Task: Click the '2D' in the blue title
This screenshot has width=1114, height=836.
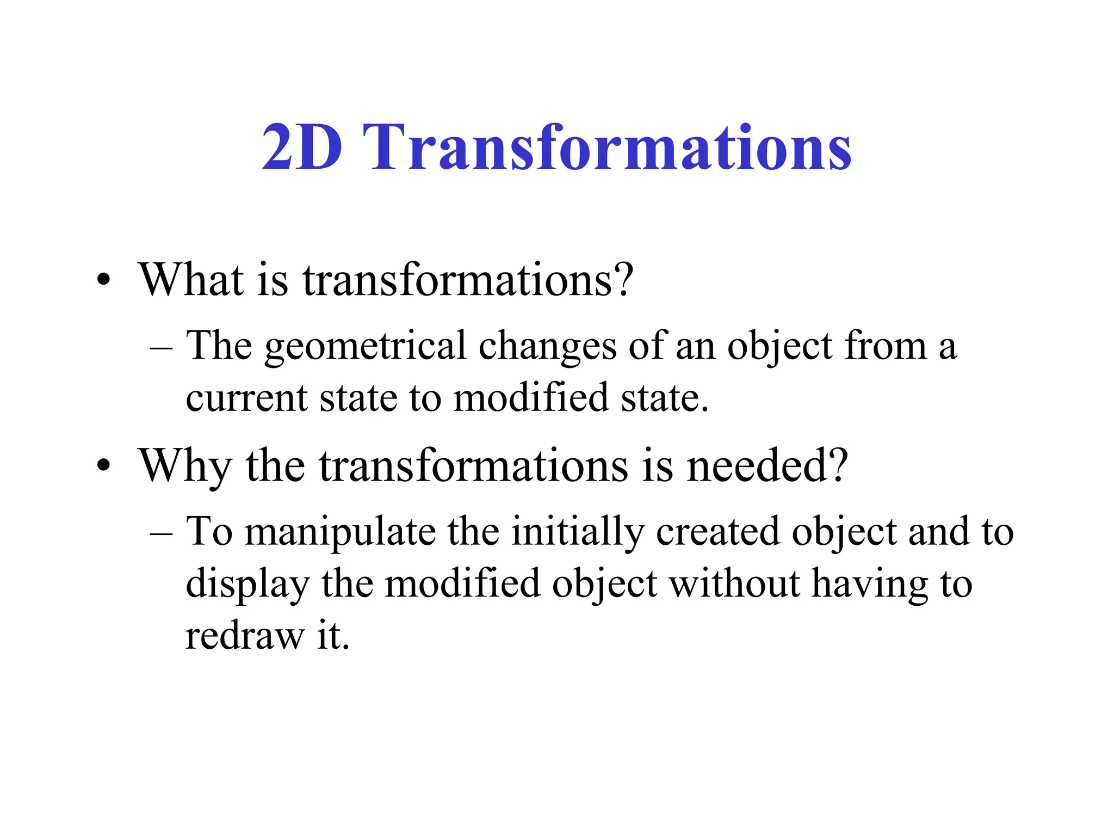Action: [302, 147]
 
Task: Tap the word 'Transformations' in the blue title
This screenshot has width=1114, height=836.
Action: [606, 147]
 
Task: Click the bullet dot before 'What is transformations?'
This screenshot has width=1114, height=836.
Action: [103, 281]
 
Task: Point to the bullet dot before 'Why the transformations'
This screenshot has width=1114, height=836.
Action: [103, 466]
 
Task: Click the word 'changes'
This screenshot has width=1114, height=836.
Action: [547, 347]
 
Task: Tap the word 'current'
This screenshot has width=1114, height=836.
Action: [246, 398]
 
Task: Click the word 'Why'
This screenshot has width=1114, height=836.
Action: [185, 466]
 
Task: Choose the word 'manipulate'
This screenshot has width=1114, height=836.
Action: [341, 532]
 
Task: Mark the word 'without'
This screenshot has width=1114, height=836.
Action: [734, 583]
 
